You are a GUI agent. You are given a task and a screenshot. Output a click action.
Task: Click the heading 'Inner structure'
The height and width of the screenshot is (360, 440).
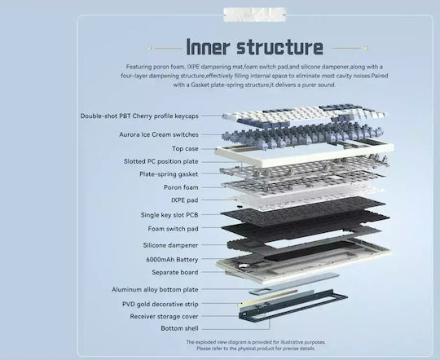[x=254, y=47]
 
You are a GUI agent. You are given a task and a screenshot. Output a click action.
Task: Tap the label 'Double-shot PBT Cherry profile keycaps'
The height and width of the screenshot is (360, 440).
[x=139, y=116]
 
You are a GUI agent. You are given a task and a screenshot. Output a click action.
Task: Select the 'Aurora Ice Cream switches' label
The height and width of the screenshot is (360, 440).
[x=159, y=134]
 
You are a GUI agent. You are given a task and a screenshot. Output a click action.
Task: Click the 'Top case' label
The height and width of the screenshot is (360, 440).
[x=185, y=148]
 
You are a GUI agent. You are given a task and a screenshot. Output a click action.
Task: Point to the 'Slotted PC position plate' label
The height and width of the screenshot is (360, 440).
[x=161, y=161]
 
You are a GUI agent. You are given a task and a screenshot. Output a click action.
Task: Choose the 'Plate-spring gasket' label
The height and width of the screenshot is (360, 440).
[x=169, y=174]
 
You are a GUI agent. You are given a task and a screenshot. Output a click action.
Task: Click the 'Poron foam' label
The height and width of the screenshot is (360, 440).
[x=181, y=187]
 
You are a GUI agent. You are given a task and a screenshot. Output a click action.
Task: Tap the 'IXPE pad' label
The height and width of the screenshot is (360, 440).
[x=185, y=200]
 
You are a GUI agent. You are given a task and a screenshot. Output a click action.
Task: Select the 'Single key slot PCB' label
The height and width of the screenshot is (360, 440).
[x=169, y=215]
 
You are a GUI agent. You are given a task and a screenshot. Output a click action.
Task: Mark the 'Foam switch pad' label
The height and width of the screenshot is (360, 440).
[x=173, y=229]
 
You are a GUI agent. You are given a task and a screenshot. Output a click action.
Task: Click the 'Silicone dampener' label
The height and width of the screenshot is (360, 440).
[x=170, y=245]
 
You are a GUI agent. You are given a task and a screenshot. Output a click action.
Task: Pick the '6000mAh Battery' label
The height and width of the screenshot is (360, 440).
[x=172, y=260]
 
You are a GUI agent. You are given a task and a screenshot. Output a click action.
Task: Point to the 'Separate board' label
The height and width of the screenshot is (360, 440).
[x=175, y=272]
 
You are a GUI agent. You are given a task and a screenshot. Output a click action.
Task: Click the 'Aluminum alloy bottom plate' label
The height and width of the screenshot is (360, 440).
[x=155, y=289]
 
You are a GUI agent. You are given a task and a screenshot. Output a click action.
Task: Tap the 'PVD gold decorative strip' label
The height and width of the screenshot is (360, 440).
[x=161, y=304]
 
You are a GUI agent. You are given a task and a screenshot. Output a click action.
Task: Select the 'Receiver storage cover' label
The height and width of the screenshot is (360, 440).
[x=164, y=316]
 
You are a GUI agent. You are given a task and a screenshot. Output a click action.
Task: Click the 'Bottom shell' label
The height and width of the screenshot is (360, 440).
[x=179, y=328]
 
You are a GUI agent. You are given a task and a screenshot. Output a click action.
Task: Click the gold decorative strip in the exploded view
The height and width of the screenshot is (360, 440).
[x=268, y=297]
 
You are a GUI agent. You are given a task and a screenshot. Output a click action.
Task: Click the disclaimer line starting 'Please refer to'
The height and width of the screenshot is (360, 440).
[x=256, y=349]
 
